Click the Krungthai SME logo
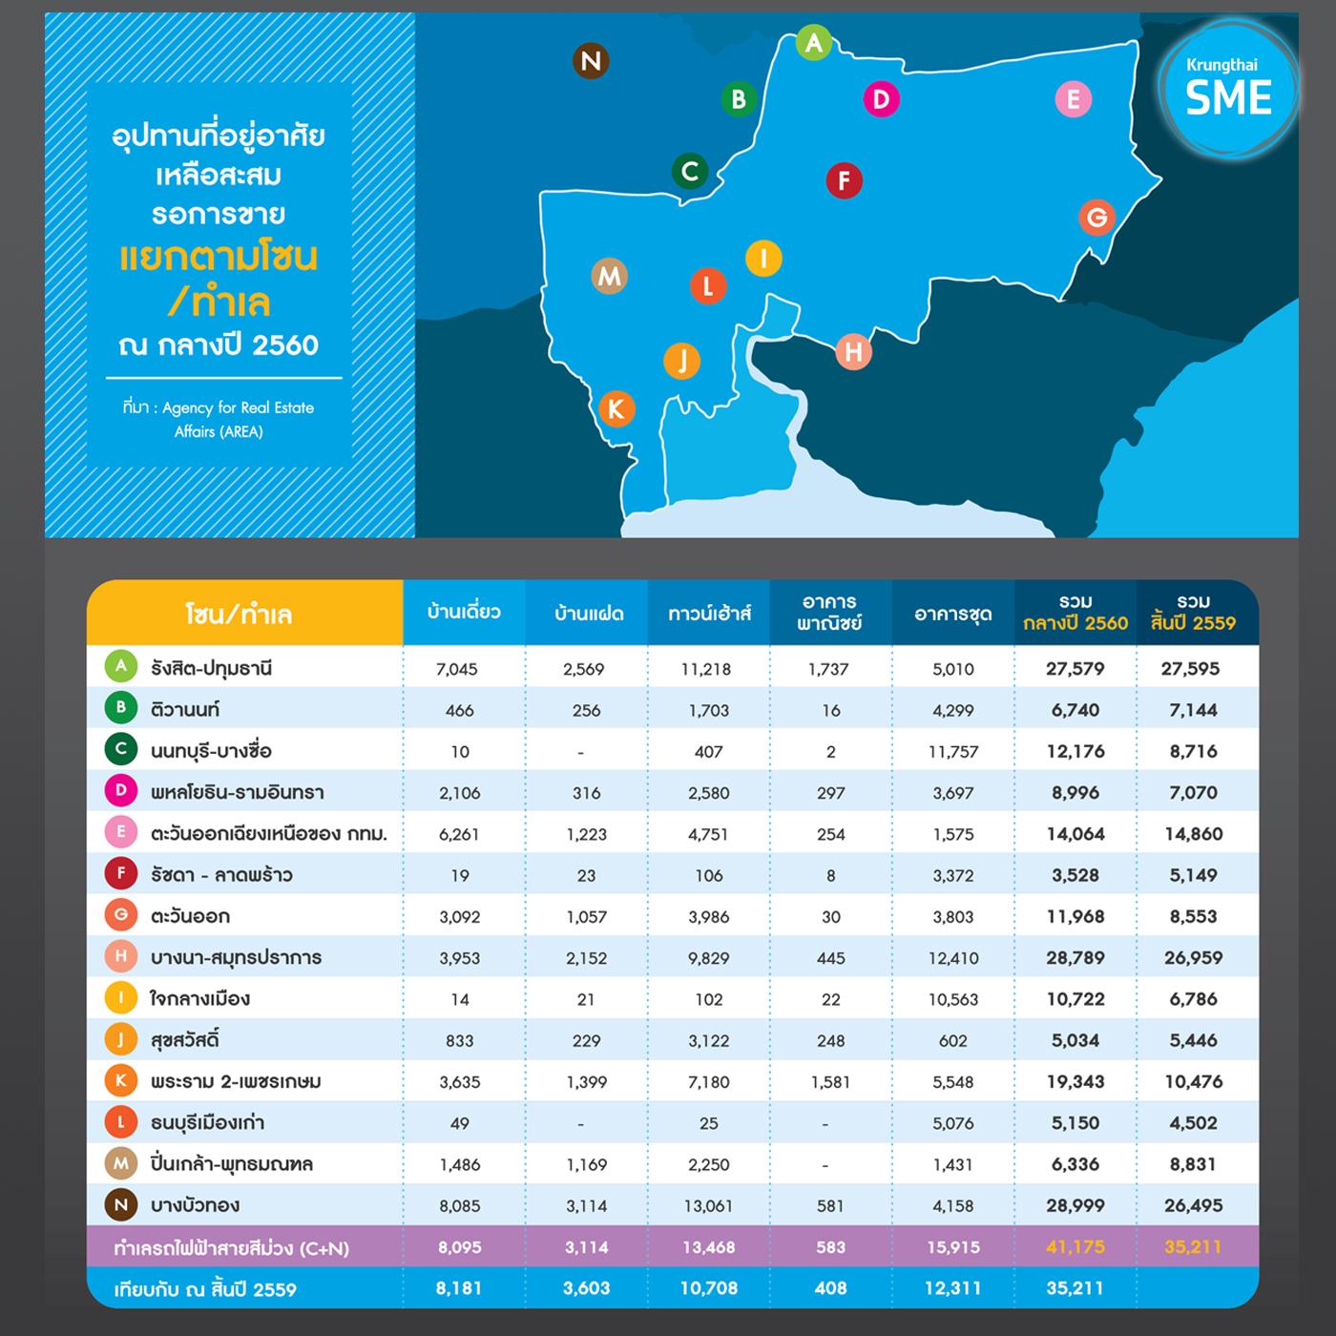click(x=1227, y=88)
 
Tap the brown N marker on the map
click(x=591, y=61)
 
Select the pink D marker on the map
click(x=880, y=99)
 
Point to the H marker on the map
click(x=853, y=352)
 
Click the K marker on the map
click(x=616, y=409)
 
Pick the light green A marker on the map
click(x=813, y=43)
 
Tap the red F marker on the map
click(x=844, y=180)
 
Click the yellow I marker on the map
click(x=763, y=258)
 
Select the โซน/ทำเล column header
click(x=239, y=614)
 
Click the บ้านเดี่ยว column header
click(x=464, y=612)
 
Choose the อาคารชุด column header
click(x=953, y=614)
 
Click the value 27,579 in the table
click(x=1075, y=669)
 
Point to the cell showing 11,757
click(x=953, y=752)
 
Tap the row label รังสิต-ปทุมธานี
click(x=211, y=668)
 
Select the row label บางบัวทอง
click(x=195, y=1205)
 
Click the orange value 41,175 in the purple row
click(x=1075, y=1247)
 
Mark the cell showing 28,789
click(x=1075, y=958)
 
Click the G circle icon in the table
click(x=121, y=916)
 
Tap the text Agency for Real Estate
click(x=238, y=407)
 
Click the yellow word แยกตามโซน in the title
click(x=219, y=258)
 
